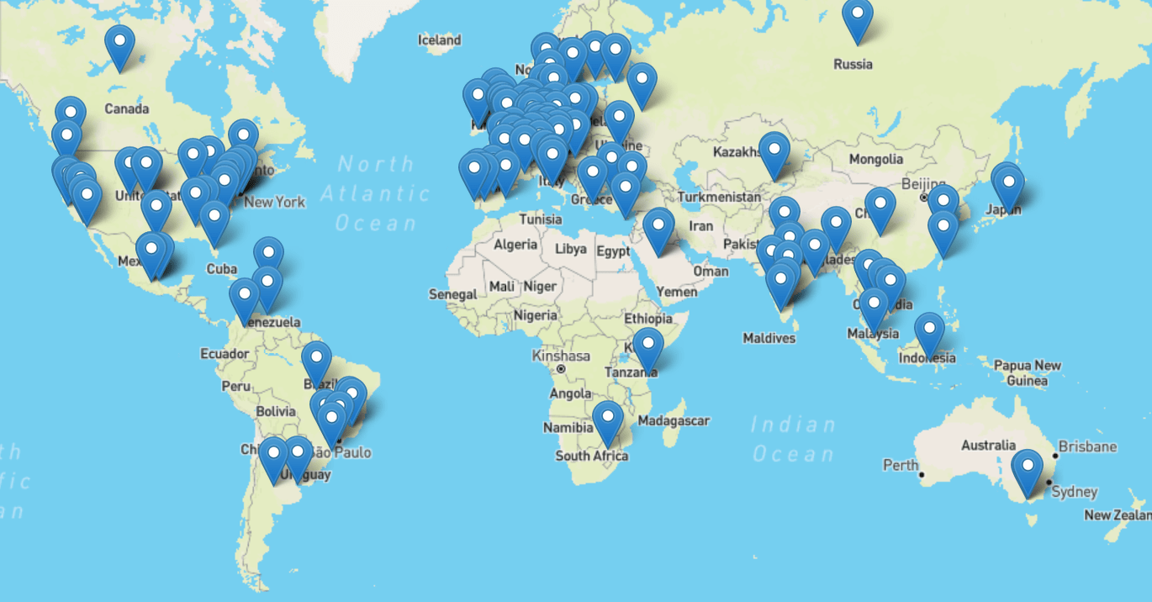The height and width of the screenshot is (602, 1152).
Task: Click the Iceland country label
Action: (x=440, y=40)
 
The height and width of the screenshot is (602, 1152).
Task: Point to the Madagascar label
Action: (x=674, y=420)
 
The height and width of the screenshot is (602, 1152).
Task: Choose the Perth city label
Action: (x=900, y=465)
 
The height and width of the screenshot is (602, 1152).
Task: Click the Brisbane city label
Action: (x=1088, y=446)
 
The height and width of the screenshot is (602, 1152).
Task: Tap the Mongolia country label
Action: (x=876, y=159)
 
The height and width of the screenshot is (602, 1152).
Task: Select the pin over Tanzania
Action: (x=648, y=346)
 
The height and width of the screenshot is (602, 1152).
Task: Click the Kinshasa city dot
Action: (x=561, y=369)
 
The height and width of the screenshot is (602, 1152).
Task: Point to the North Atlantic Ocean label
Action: (x=376, y=193)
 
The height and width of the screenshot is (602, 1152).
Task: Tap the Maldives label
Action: (x=769, y=338)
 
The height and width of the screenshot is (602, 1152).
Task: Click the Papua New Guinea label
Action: (x=1027, y=372)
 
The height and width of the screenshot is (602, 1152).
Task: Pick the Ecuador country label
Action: (x=225, y=354)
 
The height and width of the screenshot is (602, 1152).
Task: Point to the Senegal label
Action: (x=452, y=294)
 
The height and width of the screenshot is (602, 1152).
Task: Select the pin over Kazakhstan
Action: (x=774, y=151)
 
